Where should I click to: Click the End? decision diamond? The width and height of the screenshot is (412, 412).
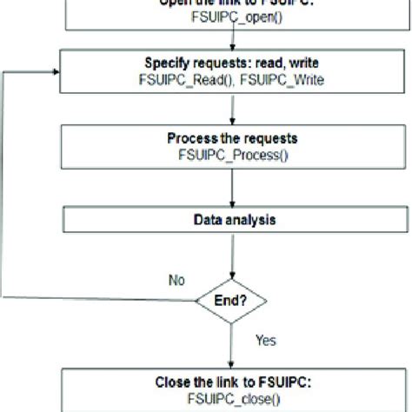coord(229,302)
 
